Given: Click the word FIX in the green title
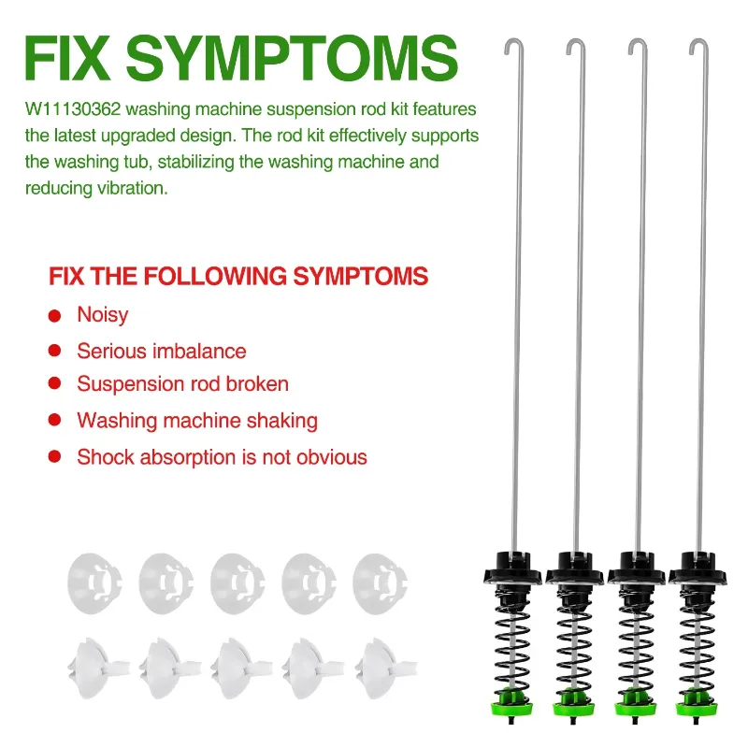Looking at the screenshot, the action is click(67, 58).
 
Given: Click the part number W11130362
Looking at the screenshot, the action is click(73, 109).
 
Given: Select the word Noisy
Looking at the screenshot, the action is click(103, 315).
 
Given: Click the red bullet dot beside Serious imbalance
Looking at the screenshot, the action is click(55, 352).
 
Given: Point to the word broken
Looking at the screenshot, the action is click(257, 384).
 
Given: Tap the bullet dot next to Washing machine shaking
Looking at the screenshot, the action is click(55, 420).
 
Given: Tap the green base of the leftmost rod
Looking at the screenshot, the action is click(511, 703).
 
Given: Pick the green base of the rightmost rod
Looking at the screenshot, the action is click(697, 703).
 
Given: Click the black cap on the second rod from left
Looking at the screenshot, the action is click(575, 568).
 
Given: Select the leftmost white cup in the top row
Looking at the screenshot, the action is click(94, 583).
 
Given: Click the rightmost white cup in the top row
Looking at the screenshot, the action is click(380, 583).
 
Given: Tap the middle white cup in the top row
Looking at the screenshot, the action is click(237, 583).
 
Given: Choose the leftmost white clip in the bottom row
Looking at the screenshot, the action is click(98, 668).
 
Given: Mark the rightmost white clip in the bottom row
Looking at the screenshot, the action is click(385, 668).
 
